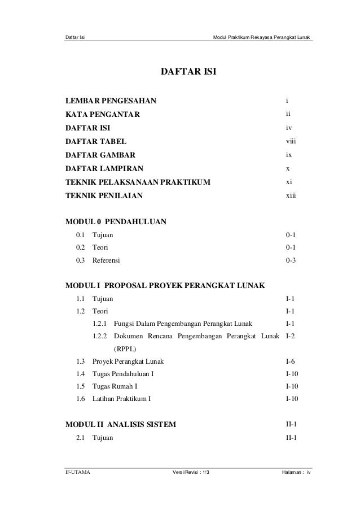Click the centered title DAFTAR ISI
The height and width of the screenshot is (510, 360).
tap(189, 73)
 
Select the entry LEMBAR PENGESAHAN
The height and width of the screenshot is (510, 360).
tap(112, 102)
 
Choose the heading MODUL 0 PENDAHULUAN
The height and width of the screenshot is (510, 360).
tap(116, 221)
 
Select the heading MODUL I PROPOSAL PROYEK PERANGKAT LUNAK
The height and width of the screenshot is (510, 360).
tap(165, 285)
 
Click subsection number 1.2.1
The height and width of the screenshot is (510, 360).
tap(99, 324)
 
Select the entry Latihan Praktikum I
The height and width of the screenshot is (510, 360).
tap(121, 399)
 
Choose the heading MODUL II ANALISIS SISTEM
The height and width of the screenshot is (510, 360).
tap(121, 424)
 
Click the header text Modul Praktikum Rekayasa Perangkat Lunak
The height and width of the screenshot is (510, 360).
tap(261, 38)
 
